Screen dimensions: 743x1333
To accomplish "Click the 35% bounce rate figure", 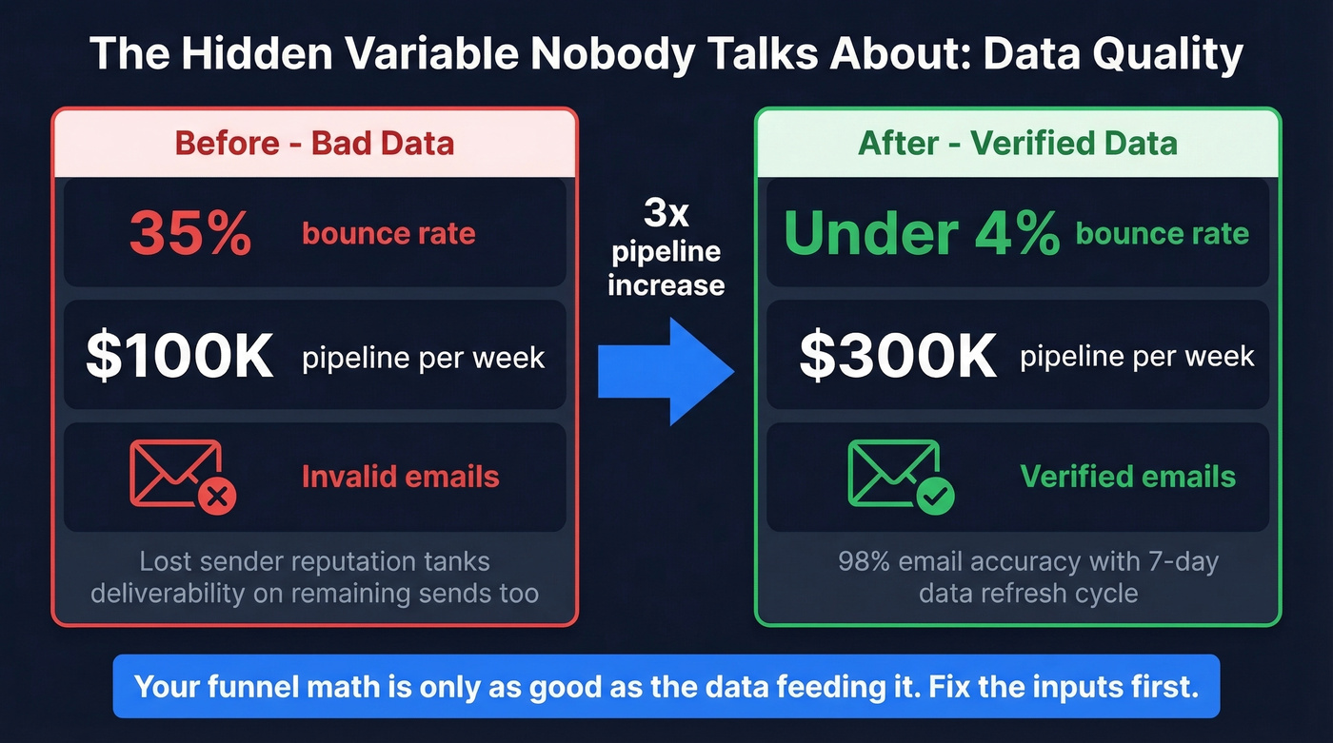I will pyautogui.click(x=189, y=233).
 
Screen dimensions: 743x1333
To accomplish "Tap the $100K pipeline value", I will pyautogui.click(x=179, y=357).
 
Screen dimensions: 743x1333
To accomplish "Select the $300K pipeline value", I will pyautogui.click(x=897, y=357).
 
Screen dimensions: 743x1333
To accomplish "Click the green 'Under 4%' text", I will pyautogui.click(x=920, y=233).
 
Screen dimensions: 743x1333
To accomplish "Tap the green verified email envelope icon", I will pyautogui.click(x=895, y=473).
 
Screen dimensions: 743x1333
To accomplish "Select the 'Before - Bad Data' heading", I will pyautogui.click(x=314, y=144).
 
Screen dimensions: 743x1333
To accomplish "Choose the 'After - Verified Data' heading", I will pyautogui.click(x=1017, y=144).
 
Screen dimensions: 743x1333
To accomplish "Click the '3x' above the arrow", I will pyautogui.click(x=666, y=214).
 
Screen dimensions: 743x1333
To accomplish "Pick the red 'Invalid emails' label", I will pyautogui.click(x=400, y=476).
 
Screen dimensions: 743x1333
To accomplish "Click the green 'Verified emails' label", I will pyautogui.click(x=1127, y=476).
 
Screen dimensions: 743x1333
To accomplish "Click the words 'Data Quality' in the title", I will pyautogui.click(x=1112, y=54).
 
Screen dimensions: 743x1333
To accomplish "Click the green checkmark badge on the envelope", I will pyautogui.click(x=936, y=495).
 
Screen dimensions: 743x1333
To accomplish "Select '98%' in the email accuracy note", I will pyautogui.click(x=864, y=561).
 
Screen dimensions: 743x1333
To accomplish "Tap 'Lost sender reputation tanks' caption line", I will pyautogui.click(x=314, y=561).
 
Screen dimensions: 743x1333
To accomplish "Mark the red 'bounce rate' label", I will pyautogui.click(x=388, y=234).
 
